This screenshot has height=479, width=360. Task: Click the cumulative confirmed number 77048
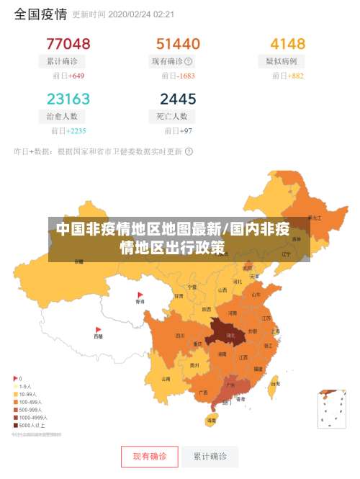point(68,44)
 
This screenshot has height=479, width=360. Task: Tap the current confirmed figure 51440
point(178,44)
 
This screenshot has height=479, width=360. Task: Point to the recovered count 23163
point(68,99)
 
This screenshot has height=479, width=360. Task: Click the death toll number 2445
point(178,99)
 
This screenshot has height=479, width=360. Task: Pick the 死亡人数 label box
point(172,116)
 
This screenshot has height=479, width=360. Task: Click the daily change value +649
point(76,76)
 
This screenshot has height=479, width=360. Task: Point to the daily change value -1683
point(186,76)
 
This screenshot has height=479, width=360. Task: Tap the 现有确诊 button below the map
point(149,456)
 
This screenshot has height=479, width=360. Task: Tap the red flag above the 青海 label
point(140,295)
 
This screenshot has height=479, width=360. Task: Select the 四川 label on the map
point(180,336)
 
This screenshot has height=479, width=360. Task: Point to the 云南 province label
point(166,378)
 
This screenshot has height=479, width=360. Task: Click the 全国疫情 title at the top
point(40,14)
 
